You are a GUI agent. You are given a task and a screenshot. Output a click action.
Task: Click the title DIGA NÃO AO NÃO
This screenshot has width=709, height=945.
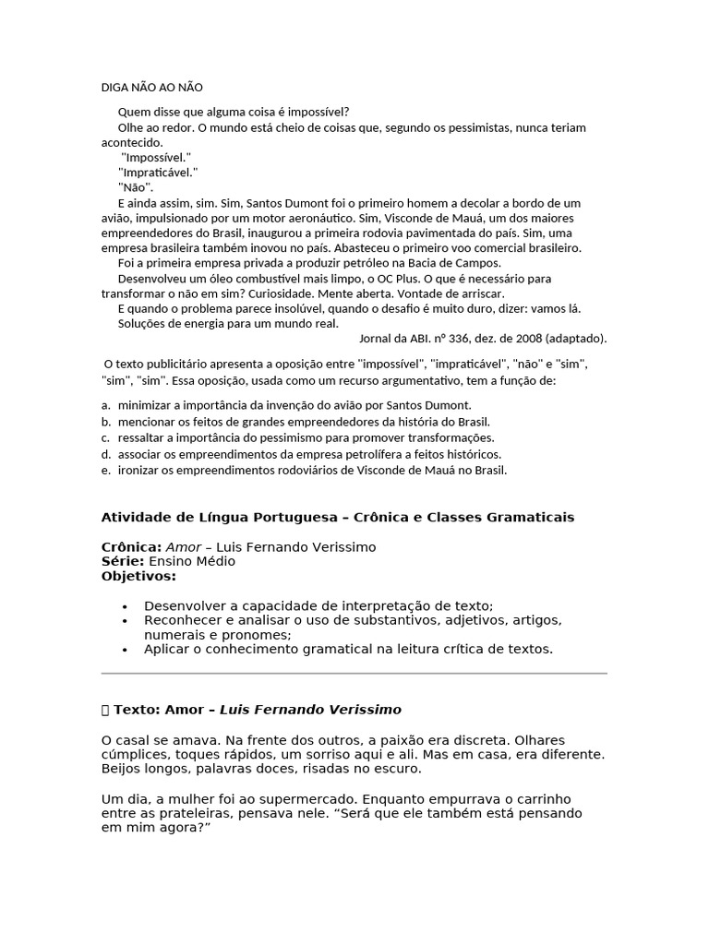[151, 88]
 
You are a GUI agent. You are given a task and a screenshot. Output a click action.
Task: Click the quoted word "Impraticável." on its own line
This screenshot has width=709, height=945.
[158, 173]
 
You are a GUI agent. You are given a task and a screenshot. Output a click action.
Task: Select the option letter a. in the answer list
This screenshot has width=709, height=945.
[106, 405]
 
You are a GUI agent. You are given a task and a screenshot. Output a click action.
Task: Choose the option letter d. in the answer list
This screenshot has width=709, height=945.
[106, 454]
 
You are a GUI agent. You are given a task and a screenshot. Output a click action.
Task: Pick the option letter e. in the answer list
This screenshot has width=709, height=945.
[106, 471]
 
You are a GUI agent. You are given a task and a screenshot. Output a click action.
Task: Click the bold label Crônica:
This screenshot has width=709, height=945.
[131, 547]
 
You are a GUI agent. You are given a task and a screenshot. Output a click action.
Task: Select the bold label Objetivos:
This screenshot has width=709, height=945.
[138, 576]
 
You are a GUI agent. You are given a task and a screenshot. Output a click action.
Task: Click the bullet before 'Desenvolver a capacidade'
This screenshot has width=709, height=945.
[125, 606]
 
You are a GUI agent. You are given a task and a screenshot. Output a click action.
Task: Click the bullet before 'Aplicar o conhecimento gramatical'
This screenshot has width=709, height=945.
[125, 650]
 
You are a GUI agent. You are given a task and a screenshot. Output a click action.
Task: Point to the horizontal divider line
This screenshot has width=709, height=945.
[354, 674]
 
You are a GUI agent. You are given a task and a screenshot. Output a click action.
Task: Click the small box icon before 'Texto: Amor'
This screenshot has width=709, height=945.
[105, 710]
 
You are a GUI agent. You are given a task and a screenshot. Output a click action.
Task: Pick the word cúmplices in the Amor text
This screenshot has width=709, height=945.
[130, 755]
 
